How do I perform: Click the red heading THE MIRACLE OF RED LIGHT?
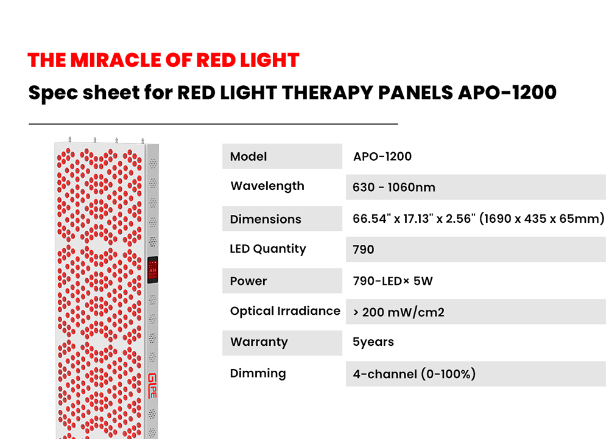163,60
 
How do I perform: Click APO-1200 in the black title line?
507,93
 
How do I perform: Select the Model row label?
248,156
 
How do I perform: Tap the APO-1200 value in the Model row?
382,156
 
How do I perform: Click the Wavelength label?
267,186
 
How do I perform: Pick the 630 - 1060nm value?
394,188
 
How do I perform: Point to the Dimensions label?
266,219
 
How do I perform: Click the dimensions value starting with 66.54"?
479,219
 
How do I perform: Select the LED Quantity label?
268,249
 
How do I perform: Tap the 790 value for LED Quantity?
363,250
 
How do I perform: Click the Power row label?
248,281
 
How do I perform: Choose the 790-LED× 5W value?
393,281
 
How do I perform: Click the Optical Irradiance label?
285,311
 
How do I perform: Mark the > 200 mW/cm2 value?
398,312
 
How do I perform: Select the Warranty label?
259,342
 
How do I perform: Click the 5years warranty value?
373,342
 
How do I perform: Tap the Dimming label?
258,373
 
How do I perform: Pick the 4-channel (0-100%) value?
414,374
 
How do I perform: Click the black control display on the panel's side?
153,269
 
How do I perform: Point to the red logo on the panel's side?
152,386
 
